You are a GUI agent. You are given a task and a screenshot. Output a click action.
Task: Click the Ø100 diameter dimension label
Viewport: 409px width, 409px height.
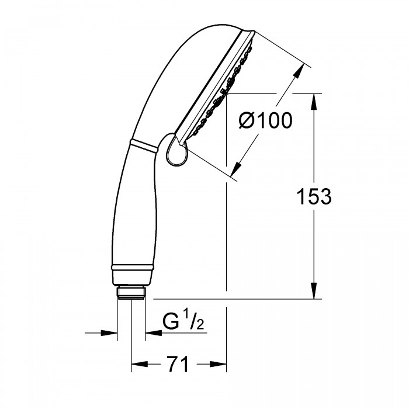coord(265,120)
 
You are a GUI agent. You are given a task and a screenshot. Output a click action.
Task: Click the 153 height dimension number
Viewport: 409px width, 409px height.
coord(314,196)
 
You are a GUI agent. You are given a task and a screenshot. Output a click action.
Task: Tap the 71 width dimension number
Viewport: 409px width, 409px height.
coord(178,364)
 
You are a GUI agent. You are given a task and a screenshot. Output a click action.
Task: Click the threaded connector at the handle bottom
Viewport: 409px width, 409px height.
coord(131,293)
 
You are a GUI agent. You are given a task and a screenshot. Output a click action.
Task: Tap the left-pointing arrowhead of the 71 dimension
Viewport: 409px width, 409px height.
coord(139,364)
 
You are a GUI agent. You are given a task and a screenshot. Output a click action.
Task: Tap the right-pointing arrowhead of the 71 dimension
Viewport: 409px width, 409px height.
coord(218,364)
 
